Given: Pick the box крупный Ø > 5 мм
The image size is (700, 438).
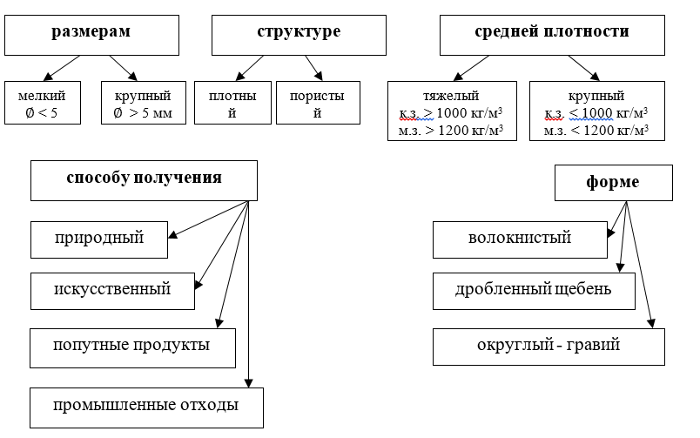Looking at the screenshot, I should click(x=143, y=103).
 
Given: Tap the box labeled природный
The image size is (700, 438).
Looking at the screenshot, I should click(x=98, y=238).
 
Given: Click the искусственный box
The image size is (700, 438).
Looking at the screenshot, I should click(x=112, y=290).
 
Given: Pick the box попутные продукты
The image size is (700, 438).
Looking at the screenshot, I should click(x=132, y=346).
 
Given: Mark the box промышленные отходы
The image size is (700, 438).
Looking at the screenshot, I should click(x=146, y=406).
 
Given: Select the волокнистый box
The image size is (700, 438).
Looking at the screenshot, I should click(x=520, y=238).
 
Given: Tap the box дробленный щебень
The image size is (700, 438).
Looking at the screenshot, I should click(x=534, y=291).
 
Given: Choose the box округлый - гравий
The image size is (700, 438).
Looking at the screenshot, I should click(x=549, y=346).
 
